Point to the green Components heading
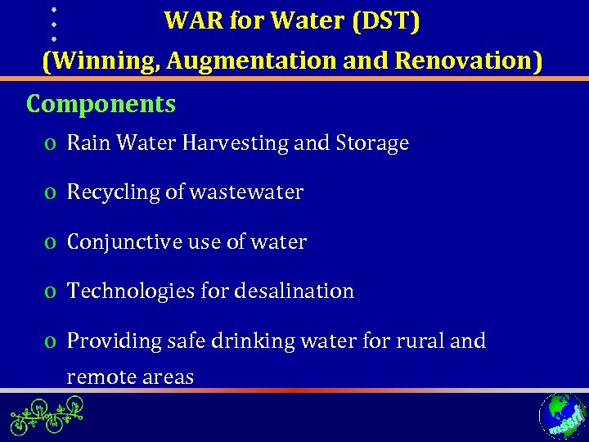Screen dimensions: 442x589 click(x=101, y=105)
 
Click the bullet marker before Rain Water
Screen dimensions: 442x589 click(x=52, y=145)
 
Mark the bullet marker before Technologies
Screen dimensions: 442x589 click(x=52, y=292)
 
